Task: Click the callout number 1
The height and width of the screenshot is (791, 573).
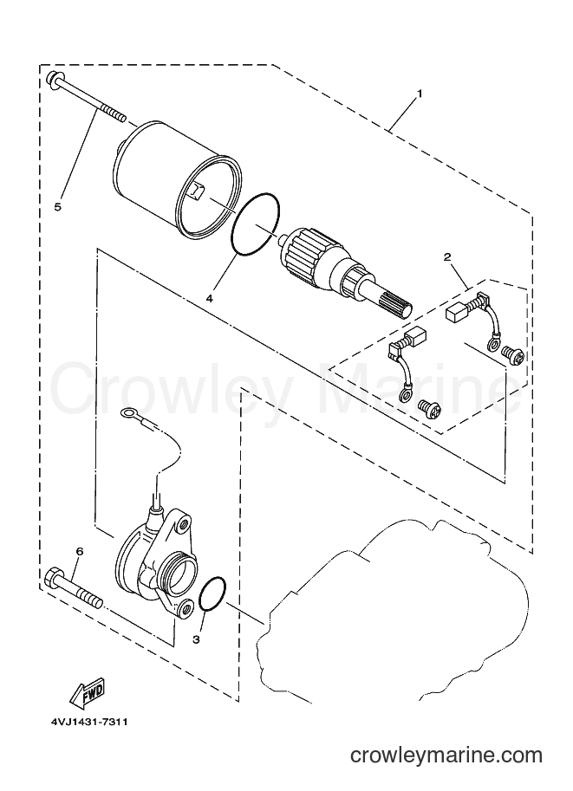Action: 419,94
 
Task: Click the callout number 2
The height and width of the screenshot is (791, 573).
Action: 447,257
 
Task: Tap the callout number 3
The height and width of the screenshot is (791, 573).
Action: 196,639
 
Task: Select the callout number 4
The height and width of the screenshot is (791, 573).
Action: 209,299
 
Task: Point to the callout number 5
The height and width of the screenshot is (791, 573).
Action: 57,206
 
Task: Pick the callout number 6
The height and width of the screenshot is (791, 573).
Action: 79,552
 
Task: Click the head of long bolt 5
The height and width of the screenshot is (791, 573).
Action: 52,80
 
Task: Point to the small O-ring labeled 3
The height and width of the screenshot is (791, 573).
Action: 213,593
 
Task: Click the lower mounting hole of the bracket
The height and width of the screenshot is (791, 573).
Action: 186,608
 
